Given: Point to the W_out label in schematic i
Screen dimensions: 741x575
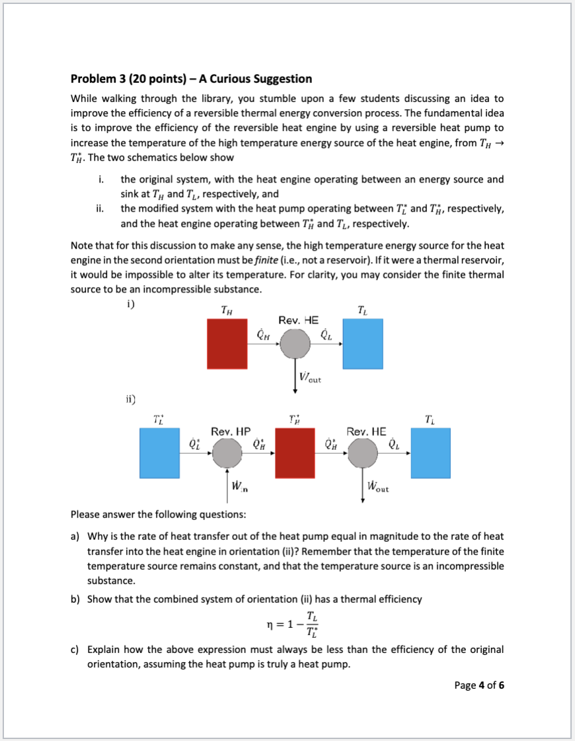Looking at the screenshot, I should point(310,379).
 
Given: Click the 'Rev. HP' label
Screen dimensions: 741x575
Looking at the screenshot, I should point(230,431).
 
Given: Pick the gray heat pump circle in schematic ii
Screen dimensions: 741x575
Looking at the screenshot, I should point(228,453).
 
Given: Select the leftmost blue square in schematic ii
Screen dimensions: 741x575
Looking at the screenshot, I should point(159,453).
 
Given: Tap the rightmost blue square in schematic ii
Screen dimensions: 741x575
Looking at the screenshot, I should point(430,453).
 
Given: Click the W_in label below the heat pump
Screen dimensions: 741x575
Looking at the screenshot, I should point(240,488).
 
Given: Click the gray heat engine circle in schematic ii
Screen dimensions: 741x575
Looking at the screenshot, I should point(362,453).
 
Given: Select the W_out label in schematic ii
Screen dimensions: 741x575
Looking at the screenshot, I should point(377,488).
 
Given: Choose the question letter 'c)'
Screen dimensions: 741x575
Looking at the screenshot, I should point(75,650).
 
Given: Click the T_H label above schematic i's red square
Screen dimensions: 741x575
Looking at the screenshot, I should point(225,309).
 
